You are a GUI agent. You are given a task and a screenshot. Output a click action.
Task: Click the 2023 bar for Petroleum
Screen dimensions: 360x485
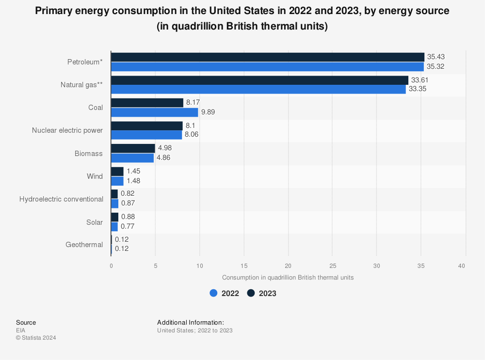point(268,57)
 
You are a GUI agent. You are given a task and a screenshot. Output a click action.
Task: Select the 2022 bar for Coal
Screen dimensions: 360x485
point(155,112)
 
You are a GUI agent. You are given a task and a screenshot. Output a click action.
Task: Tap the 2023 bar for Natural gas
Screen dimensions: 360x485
point(259,80)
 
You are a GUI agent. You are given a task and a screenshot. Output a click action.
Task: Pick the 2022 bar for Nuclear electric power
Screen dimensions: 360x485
point(146,135)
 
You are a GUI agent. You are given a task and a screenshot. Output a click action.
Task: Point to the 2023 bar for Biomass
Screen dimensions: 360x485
point(133,148)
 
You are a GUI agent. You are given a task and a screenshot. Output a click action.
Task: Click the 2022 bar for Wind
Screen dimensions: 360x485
point(117,181)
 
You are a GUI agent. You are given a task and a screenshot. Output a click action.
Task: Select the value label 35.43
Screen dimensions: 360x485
point(436,57)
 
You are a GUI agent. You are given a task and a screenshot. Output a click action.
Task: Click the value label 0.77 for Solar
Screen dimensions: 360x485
point(128,226)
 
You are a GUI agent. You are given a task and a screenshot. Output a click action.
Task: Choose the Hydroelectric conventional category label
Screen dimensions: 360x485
point(61,199)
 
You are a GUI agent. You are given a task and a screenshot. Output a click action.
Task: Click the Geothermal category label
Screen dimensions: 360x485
point(84,245)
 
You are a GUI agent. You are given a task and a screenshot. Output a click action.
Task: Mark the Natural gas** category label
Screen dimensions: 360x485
point(81,85)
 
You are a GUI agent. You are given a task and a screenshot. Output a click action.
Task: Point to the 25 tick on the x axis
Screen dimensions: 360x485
point(333,266)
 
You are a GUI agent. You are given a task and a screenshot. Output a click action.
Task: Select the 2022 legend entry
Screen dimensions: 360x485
point(224,293)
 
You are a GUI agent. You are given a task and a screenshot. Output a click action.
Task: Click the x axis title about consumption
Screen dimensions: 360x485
point(288,278)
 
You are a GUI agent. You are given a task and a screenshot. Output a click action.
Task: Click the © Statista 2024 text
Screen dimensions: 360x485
point(36,338)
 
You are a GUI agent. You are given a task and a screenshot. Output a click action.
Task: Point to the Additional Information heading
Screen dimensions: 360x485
point(191,322)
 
